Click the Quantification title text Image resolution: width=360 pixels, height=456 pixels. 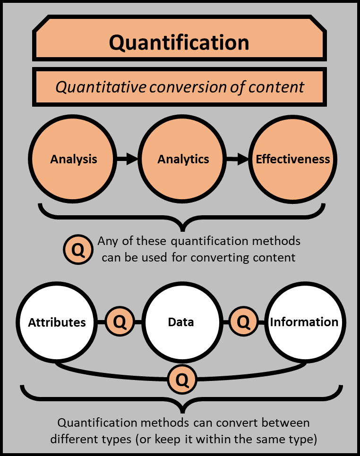179,43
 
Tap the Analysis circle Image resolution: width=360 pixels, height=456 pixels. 74,159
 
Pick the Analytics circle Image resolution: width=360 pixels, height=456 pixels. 183,159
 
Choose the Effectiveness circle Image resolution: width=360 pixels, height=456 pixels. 293,159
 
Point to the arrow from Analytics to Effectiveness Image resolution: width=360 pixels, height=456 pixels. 238,159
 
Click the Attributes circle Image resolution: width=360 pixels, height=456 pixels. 57,322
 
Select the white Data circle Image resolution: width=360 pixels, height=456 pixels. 181,322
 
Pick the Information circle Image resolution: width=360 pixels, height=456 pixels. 304,322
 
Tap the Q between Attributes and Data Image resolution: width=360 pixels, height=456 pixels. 120,322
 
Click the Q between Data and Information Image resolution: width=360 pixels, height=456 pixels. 243,322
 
